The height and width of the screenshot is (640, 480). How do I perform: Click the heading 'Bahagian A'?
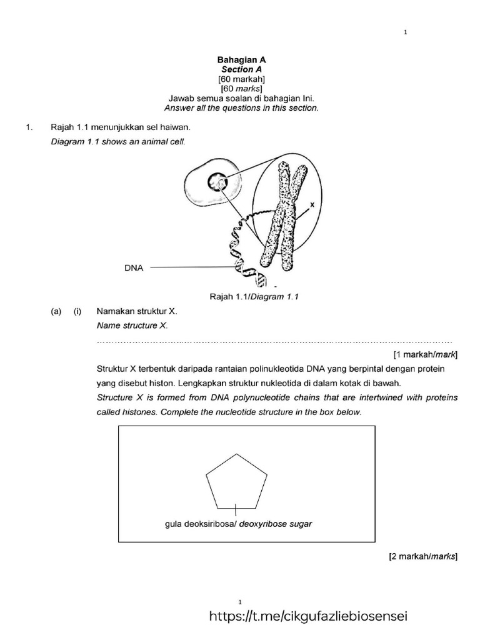pyautogui.click(x=241, y=60)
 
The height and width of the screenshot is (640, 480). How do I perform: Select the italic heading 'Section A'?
pyautogui.click(x=241, y=69)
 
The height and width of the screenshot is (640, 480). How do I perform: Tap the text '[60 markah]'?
pyautogui.click(x=241, y=79)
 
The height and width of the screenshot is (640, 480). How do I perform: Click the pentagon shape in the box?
pyautogui.click(x=236, y=482)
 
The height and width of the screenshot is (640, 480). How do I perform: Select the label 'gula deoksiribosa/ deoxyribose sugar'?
pyautogui.click(x=238, y=524)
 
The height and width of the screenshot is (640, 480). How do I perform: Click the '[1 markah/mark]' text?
pyautogui.click(x=425, y=354)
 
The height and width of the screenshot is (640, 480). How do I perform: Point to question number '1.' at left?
pyautogui.click(x=27, y=127)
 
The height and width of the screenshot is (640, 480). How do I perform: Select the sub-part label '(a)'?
pyautogui.click(x=56, y=311)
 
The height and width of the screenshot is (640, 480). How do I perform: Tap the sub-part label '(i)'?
pyautogui.click(x=78, y=311)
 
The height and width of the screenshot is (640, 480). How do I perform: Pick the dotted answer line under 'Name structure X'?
pyautogui.click(x=275, y=342)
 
